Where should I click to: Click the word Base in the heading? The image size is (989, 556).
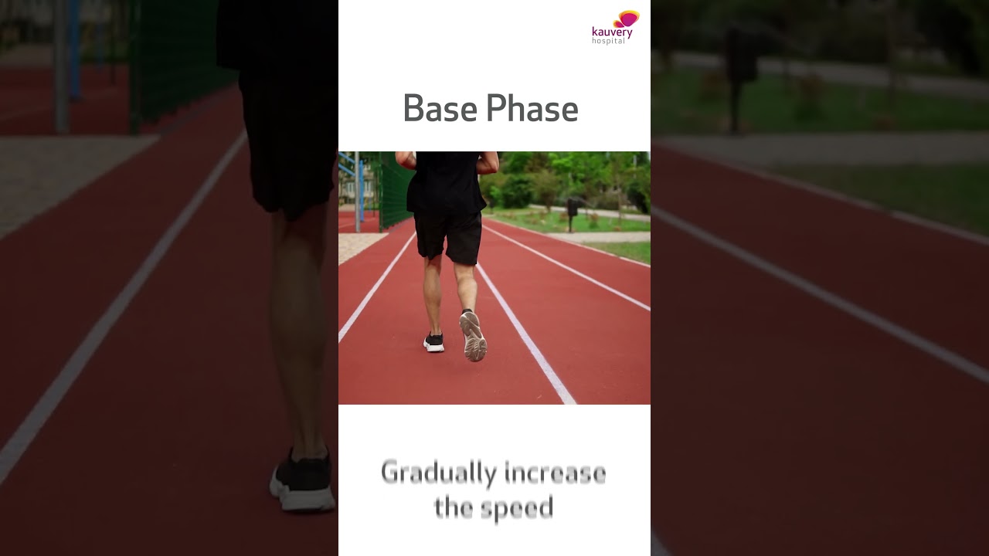tap(438, 109)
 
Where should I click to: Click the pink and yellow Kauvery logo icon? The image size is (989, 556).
tap(627, 19)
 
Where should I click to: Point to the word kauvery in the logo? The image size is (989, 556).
tap(612, 32)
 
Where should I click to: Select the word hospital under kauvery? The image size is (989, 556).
tap(608, 41)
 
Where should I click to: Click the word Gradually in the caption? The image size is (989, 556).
tap(438, 473)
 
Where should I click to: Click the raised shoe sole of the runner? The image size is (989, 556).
tap(473, 337)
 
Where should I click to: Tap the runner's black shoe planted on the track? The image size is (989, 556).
tap(434, 342)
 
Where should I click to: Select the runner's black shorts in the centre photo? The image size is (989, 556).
tap(447, 236)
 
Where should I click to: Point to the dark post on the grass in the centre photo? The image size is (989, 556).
tap(572, 212)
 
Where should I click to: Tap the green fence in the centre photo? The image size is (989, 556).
tap(395, 189)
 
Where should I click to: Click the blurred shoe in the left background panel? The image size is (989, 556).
tap(303, 482)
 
